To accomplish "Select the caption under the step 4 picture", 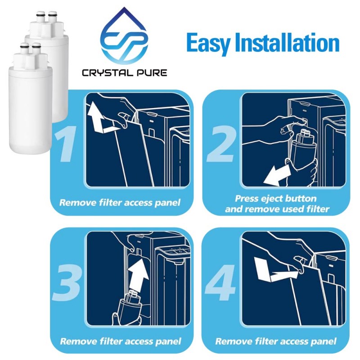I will pyautogui.click(x=275, y=342).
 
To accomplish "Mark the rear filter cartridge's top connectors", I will pyautogui.click(x=45, y=18).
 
